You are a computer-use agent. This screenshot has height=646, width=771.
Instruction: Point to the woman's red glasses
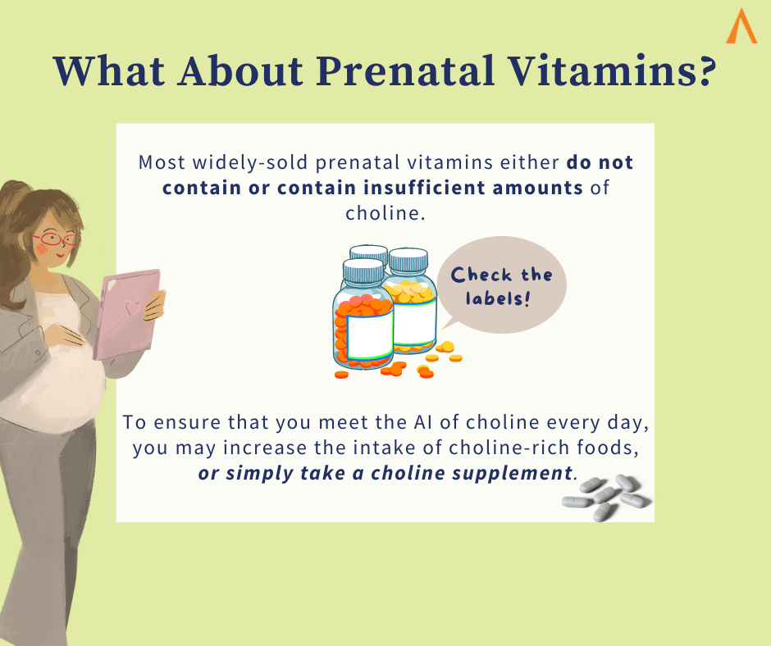click(x=57, y=239)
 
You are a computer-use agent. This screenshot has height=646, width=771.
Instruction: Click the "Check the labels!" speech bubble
click(x=501, y=285)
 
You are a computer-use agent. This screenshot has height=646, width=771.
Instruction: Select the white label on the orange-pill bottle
click(x=370, y=337)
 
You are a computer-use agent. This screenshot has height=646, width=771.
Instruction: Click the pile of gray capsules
click(x=607, y=498)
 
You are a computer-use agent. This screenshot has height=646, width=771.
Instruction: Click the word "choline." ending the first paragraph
click(x=385, y=213)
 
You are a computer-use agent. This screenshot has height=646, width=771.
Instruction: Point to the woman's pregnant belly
click(x=54, y=379)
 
